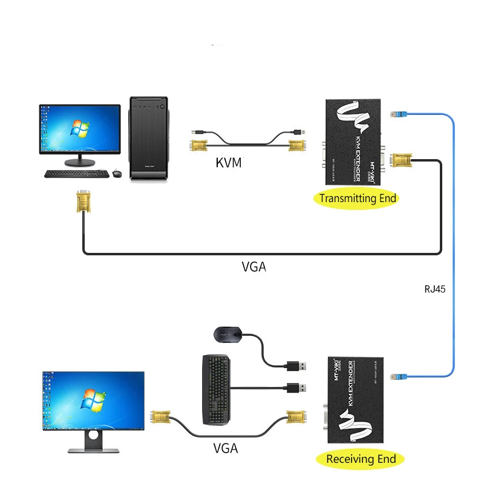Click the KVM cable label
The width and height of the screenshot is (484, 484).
pyautogui.click(x=229, y=163)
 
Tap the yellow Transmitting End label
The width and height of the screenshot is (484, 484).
pyautogui.click(x=358, y=198)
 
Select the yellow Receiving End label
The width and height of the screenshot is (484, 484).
pyautogui.click(x=361, y=459)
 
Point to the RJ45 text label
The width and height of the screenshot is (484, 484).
pyautogui.click(x=435, y=289)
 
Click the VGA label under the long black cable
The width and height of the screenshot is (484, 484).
pyautogui.click(x=253, y=266)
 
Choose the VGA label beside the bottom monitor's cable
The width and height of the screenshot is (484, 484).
pyautogui.click(x=226, y=448)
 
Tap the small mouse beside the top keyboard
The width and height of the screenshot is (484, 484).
pyautogui.click(x=117, y=174)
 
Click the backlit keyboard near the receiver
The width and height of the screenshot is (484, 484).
pyautogui.click(x=216, y=389)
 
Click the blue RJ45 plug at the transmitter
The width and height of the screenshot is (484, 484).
pyautogui.click(x=398, y=114)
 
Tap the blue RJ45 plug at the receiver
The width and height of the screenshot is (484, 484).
pyautogui.click(x=399, y=375)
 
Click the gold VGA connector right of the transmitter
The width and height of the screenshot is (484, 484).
pyautogui.click(x=403, y=161)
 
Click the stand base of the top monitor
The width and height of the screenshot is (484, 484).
pyautogui.click(x=80, y=163)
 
